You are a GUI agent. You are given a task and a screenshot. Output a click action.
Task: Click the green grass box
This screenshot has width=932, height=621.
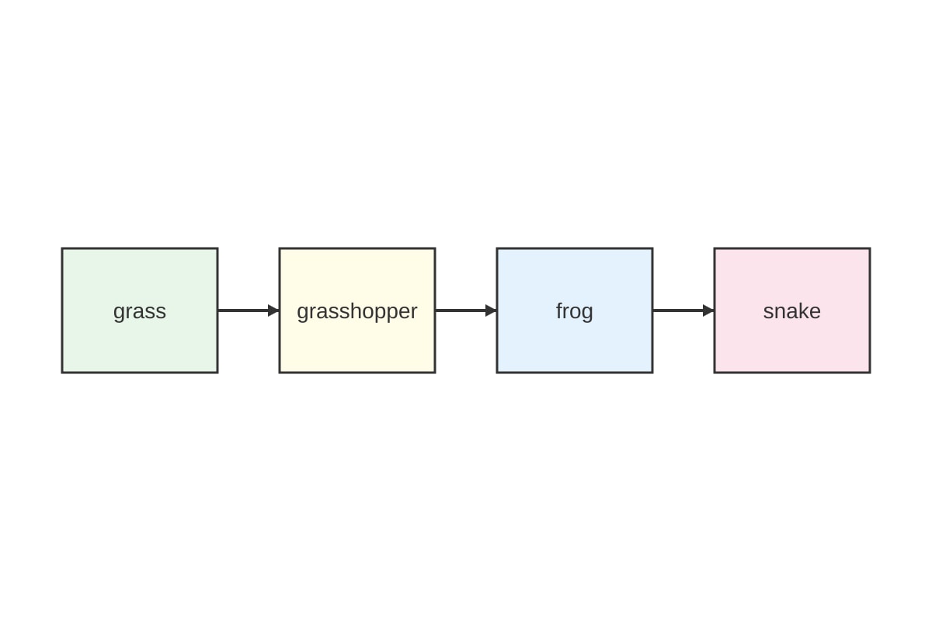140,310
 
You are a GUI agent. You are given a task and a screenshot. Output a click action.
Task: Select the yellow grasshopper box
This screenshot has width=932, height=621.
357,310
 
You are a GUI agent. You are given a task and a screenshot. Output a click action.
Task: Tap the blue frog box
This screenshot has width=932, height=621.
575,310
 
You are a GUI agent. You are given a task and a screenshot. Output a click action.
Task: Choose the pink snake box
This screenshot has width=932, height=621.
792,310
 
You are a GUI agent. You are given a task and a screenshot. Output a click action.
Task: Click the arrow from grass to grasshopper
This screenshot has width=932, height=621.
249,310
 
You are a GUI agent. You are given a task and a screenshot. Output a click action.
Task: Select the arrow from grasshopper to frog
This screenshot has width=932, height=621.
466,310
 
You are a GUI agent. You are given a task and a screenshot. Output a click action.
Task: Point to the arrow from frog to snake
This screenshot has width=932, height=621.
683,310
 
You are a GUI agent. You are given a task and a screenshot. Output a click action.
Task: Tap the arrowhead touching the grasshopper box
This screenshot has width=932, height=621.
273,310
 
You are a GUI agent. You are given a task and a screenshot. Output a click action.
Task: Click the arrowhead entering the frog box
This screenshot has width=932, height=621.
491,310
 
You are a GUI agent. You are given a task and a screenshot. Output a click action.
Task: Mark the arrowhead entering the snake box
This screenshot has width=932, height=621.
708,310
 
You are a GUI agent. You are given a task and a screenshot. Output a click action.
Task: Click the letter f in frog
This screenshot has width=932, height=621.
560,310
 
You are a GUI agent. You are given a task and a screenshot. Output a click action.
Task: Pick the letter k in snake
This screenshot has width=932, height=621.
802,310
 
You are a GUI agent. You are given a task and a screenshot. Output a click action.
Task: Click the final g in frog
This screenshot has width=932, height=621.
587,315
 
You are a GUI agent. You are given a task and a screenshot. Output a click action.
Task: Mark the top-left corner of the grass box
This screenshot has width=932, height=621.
62,248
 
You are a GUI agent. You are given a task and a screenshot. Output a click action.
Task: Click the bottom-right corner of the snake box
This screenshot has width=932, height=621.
870,373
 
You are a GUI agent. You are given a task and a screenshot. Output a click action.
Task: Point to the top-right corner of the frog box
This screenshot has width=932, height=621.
652,248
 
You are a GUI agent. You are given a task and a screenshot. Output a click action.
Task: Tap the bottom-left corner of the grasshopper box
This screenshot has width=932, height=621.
280,373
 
